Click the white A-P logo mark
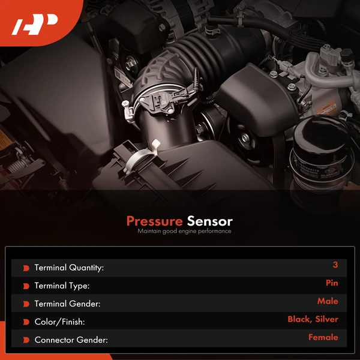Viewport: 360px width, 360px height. point(35,25)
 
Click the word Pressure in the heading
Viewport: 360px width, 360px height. point(155,221)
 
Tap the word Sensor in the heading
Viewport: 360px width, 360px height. point(209,221)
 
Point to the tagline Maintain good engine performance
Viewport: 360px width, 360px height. point(184,231)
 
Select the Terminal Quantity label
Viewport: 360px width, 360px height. point(69,268)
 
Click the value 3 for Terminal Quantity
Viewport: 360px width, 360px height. point(335,265)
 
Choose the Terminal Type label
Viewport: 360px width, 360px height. point(62,286)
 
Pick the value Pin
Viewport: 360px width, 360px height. point(332,283)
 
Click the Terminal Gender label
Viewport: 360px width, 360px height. point(67,304)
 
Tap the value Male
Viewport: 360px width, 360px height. point(328,301)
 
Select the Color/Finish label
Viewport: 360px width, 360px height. point(59,322)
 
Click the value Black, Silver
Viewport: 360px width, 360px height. point(313,319)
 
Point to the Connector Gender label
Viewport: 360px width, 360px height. point(71,340)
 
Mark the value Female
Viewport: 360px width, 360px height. point(323,337)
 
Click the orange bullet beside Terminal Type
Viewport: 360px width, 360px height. point(26,286)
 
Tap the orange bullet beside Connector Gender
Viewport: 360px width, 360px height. point(26,340)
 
